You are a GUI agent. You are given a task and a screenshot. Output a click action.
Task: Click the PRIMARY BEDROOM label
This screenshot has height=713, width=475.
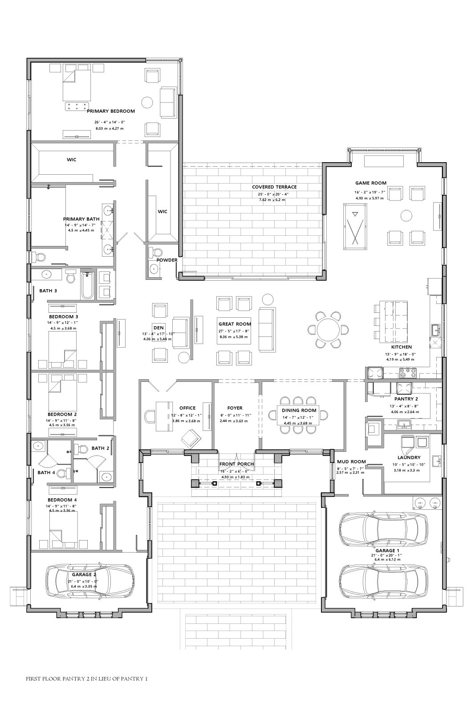pos(111,111)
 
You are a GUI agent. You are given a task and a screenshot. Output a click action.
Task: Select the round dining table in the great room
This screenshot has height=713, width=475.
pos(328,329)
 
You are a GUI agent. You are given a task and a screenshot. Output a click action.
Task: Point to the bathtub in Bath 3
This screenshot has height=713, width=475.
pos(87,286)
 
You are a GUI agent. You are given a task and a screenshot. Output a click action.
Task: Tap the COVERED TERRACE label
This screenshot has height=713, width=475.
pos(274,187)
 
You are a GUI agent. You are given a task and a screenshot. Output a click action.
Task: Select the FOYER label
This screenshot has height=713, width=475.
pos(235,408)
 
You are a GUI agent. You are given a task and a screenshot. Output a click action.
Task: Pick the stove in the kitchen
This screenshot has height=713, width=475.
pos(407,373)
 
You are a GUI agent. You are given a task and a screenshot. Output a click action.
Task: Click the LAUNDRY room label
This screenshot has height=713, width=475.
pos(409,457)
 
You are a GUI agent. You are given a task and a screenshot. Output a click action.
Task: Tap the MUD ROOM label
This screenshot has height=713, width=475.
pos(351,462)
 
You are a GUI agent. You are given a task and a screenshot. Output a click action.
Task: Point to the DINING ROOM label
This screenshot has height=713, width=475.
pos(299,410)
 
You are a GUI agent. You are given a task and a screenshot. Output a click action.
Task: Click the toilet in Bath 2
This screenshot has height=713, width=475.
pos(83,449)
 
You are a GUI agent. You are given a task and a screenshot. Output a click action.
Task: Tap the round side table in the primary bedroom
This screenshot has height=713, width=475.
pos(147,102)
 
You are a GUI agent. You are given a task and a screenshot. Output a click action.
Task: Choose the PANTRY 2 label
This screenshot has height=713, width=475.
pos(406,399)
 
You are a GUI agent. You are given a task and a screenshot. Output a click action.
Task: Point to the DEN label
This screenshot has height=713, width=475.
pos(158,328)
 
